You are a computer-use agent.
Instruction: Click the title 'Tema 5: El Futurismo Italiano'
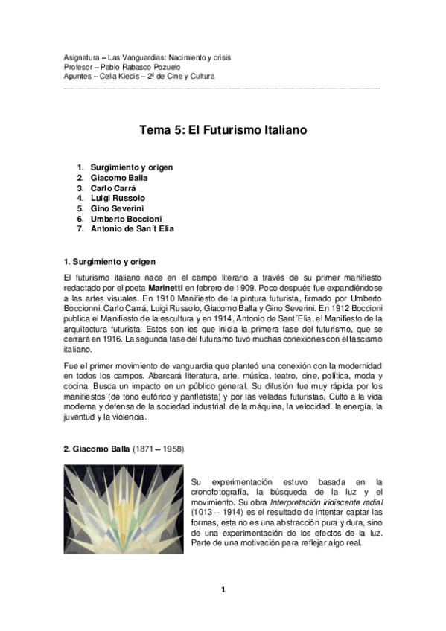(223, 130)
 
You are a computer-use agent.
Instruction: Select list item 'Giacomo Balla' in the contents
(119, 178)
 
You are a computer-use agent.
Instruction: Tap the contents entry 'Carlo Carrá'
(112, 188)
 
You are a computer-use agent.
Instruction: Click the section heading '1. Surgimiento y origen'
(111, 262)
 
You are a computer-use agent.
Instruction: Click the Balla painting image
(123, 509)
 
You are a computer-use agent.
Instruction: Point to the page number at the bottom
(223, 590)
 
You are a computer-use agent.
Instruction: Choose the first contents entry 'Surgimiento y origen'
(132, 167)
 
